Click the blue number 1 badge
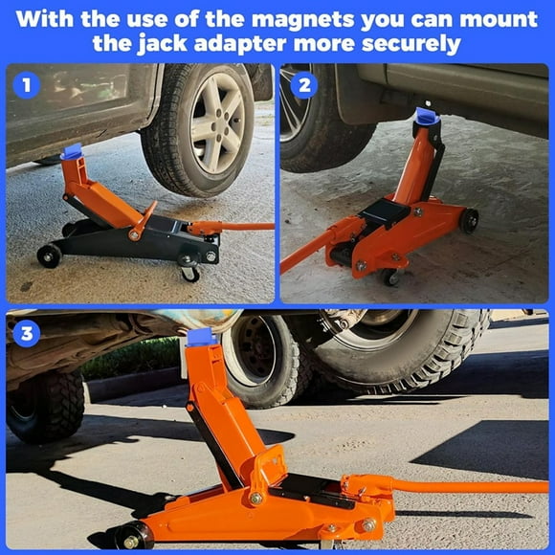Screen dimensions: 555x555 (27, 85)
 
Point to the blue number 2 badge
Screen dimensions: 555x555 (303, 85)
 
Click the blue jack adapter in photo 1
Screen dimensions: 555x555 (72, 151)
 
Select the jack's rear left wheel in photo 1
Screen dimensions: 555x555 (49, 255)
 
